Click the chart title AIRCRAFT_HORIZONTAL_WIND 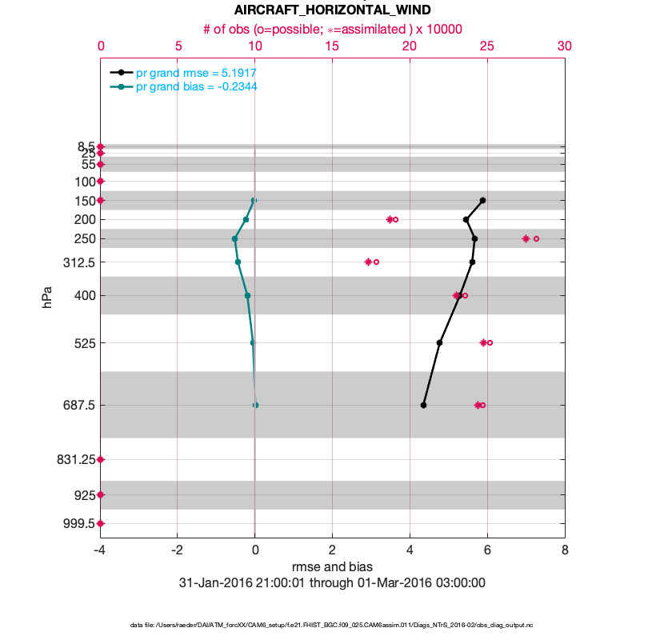point(332,10)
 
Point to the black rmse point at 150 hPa point(482,200)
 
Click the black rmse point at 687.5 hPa point(423,405)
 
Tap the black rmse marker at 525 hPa point(439,342)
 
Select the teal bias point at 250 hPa point(234,238)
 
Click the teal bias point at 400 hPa point(247,295)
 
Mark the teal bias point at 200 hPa point(246,219)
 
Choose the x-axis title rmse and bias point(332,567)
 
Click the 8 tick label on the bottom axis point(565,550)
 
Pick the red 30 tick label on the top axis point(564,46)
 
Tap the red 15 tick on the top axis point(332,46)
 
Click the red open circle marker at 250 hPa point(536,238)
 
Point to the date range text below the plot point(332,583)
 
